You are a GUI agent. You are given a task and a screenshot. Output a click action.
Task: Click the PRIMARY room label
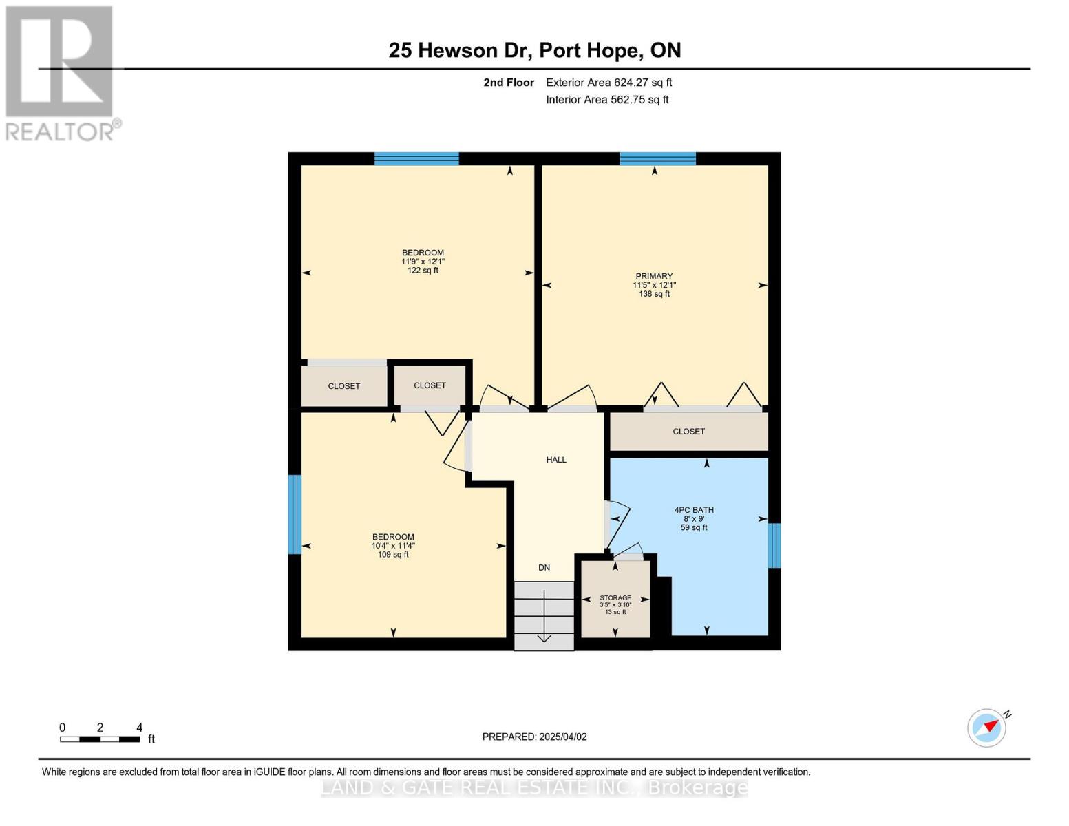click(653, 276)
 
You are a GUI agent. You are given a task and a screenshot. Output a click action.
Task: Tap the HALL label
click(556, 460)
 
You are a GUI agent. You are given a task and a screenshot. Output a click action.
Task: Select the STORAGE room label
click(615, 597)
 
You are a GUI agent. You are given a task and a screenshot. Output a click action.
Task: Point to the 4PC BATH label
click(694, 510)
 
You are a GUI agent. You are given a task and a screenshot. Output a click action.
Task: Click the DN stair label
click(544, 567)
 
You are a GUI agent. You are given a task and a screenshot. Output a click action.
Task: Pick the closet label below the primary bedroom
click(688, 432)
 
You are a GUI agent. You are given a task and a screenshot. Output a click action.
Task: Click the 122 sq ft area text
click(423, 270)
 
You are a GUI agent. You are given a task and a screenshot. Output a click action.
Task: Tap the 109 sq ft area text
click(392, 554)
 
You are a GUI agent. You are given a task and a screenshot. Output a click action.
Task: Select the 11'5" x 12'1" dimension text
click(654, 285)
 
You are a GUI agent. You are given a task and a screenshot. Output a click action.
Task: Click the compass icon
click(987, 728)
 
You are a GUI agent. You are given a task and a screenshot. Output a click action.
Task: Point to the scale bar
click(100, 739)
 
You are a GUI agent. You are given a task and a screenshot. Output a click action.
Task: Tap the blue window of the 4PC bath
click(774, 545)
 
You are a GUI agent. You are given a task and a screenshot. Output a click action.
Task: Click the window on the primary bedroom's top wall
click(658, 158)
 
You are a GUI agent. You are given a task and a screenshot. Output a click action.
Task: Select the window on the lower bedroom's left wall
click(294, 514)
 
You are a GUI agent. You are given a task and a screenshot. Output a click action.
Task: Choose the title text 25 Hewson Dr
click(461, 50)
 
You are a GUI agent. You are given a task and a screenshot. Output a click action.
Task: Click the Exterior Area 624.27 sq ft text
click(608, 83)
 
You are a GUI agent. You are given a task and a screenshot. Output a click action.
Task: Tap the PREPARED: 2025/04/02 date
click(534, 737)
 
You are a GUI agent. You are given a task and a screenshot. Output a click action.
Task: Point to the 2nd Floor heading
click(508, 82)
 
